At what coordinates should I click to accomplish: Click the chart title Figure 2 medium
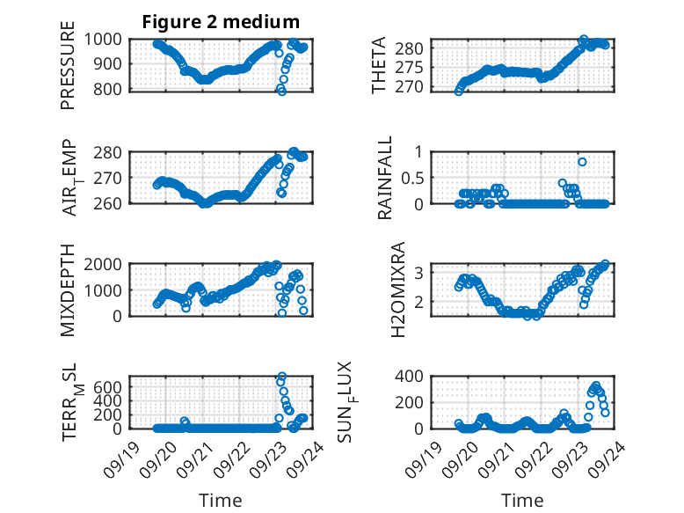pyautogui.click(x=221, y=22)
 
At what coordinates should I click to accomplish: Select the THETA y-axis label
pyautogui.click(x=379, y=65)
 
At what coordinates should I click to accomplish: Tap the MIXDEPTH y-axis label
pyautogui.click(x=68, y=290)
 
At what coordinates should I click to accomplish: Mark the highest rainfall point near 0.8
pyautogui.click(x=582, y=162)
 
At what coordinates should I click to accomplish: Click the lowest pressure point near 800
pyautogui.click(x=281, y=91)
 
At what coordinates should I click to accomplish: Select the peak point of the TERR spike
pyautogui.click(x=281, y=377)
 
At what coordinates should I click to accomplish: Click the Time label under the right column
pyautogui.click(x=522, y=500)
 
